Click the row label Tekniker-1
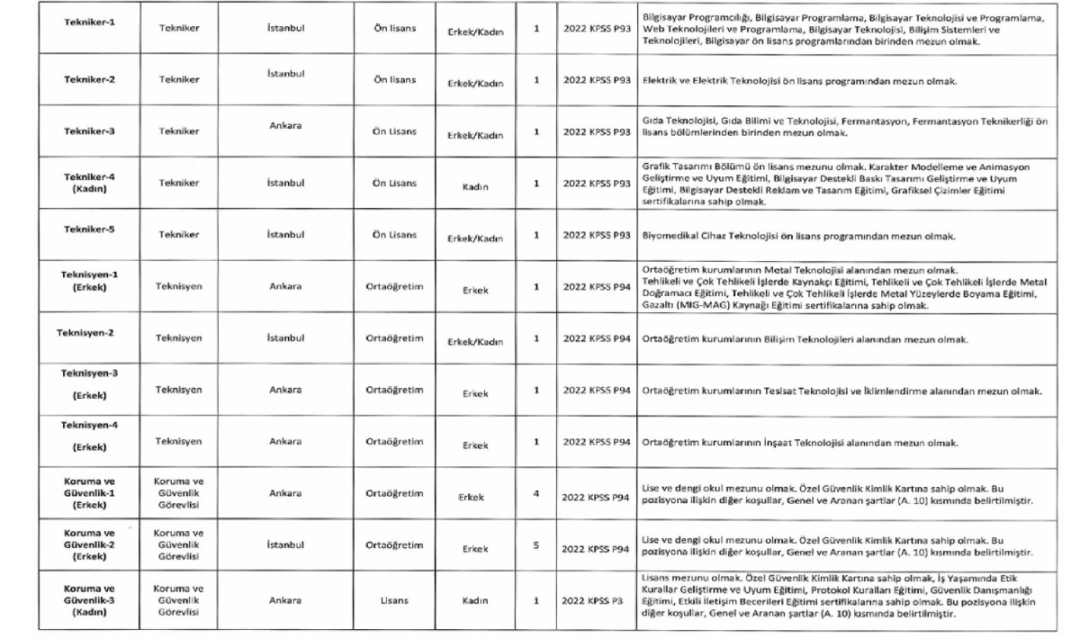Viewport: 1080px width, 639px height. [89, 22]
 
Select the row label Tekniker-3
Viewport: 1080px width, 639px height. [89, 131]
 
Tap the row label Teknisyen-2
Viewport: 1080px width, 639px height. [85, 333]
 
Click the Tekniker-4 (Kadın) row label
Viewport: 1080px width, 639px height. [89, 183]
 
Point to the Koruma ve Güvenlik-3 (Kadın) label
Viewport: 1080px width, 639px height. [89, 600]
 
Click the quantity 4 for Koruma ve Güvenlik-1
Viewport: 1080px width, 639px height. [536, 494]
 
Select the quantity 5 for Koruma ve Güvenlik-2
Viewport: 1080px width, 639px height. [536, 545]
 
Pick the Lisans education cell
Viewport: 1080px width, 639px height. [394, 600]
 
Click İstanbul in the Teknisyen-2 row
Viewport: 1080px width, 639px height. [285, 338]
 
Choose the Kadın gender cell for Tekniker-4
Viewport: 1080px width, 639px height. [475, 187]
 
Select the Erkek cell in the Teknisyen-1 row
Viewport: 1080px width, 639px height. [475, 291]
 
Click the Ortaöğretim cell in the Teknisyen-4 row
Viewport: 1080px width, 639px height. [394, 442]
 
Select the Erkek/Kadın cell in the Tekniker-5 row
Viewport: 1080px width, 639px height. [475, 238]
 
